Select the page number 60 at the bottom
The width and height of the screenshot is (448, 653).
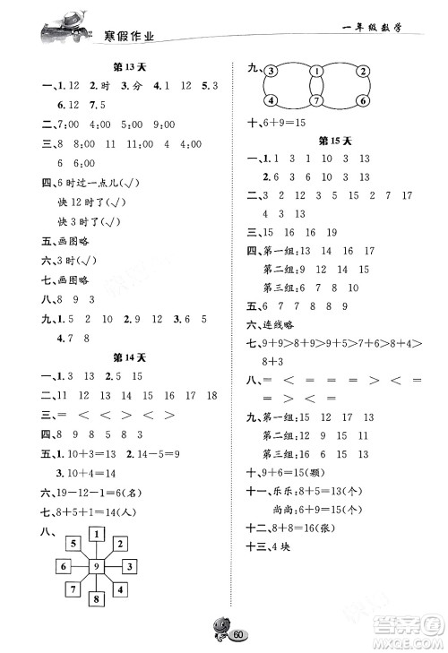click(237, 635)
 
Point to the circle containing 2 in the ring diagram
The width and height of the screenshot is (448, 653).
click(362, 73)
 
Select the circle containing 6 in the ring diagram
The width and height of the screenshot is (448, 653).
click(362, 100)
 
